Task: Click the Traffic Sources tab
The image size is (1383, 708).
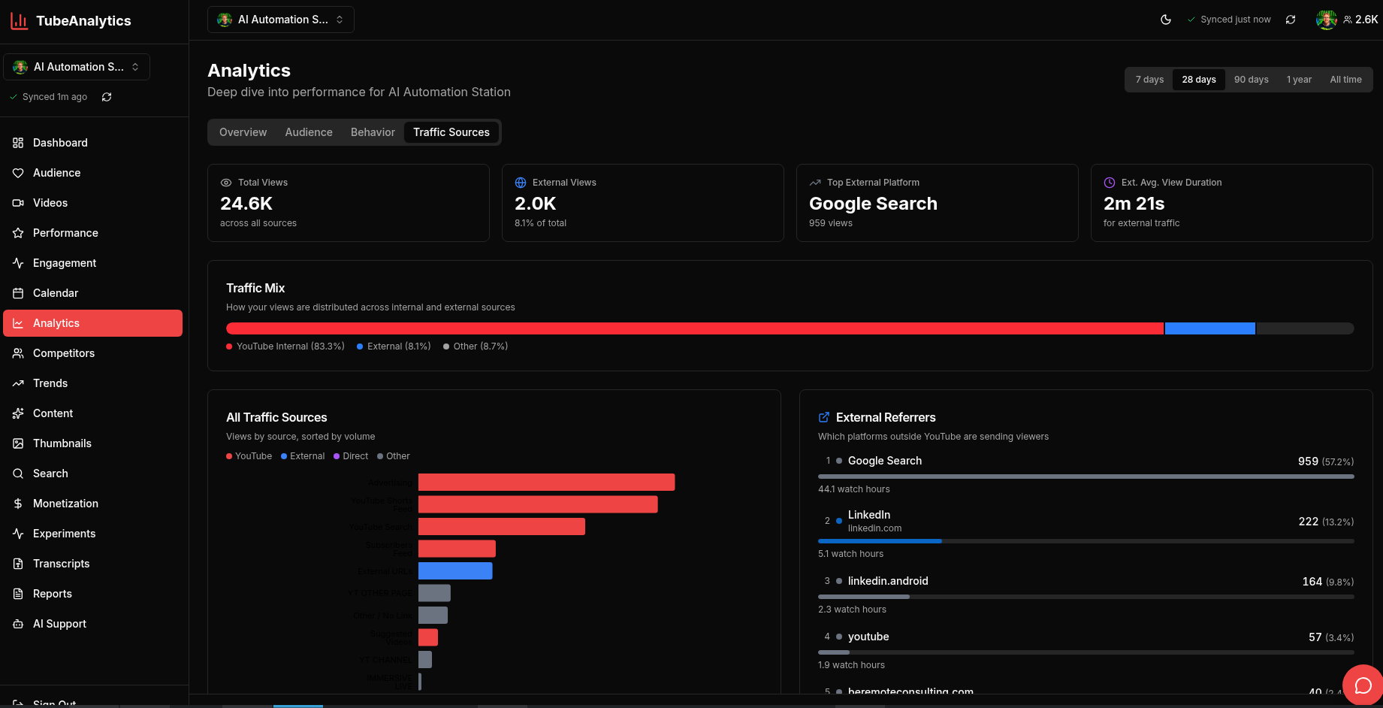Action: tap(451, 132)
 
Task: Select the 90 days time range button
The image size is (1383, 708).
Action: tap(1251, 80)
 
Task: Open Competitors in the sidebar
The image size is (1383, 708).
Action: tap(63, 353)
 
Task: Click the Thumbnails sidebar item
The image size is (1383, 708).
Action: tap(62, 443)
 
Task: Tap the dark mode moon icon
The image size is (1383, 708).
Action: tap(1166, 20)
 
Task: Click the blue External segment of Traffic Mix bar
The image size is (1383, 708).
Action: tap(1209, 328)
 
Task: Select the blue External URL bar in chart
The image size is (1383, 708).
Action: tap(455, 571)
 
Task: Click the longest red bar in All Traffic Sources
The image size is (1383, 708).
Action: tap(546, 483)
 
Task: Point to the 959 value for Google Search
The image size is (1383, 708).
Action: tap(1307, 461)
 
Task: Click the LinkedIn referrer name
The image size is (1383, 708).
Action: tap(868, 515)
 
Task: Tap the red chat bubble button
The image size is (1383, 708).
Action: tap(1363, 685)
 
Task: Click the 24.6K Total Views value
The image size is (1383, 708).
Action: tap(246, 204)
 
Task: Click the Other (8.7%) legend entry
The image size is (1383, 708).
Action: tap(479, 346)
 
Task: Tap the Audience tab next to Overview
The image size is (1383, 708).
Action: tap(308, 132)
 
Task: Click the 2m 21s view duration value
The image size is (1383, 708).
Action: tap(1134, 204)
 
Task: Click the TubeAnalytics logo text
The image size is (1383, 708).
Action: tap(83, 21)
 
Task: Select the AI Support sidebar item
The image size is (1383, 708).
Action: tap(59, 624)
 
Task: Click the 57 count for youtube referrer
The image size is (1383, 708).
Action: tap(1315, 637)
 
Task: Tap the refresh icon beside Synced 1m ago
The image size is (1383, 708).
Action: tap(107, 97)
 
